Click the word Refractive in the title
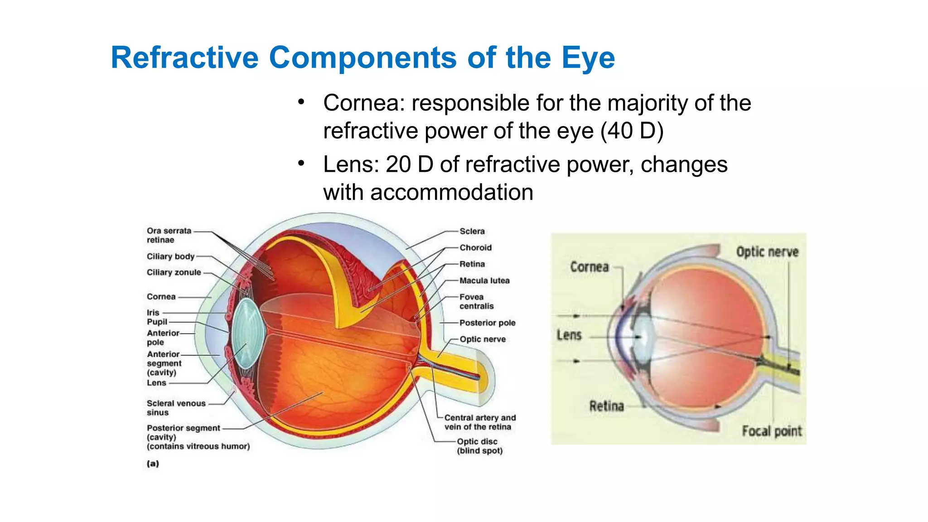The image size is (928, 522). click(x=184, y=58)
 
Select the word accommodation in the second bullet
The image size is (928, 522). click(x=451, y=192)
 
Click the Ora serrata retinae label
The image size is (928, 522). click(x=169, y=235)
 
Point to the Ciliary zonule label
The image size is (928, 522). click(x=174, y=272)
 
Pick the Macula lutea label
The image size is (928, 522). click(x=484, y=280)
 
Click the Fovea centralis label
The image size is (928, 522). click(x=476, y=301)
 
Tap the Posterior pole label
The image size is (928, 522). click(x=487, y=323)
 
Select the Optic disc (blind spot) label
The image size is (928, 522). click(x=479, y=446)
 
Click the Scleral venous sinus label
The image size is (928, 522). click(x=176, y=408)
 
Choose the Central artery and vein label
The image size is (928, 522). click(x=479, y=422)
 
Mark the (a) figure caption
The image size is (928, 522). click(x=153, y=464)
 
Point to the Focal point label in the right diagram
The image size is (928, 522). click(x=771, y=431)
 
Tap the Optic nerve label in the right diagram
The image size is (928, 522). click(x=767, y=252)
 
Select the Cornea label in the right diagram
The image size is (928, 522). click(x=589, y=267)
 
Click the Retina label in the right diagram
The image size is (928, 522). click(x=606, y=406)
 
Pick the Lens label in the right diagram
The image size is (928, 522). click(x=569, y=335)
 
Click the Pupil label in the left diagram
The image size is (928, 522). click(x=157, y=322)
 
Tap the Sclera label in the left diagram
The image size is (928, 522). click(x=472, y=231)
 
